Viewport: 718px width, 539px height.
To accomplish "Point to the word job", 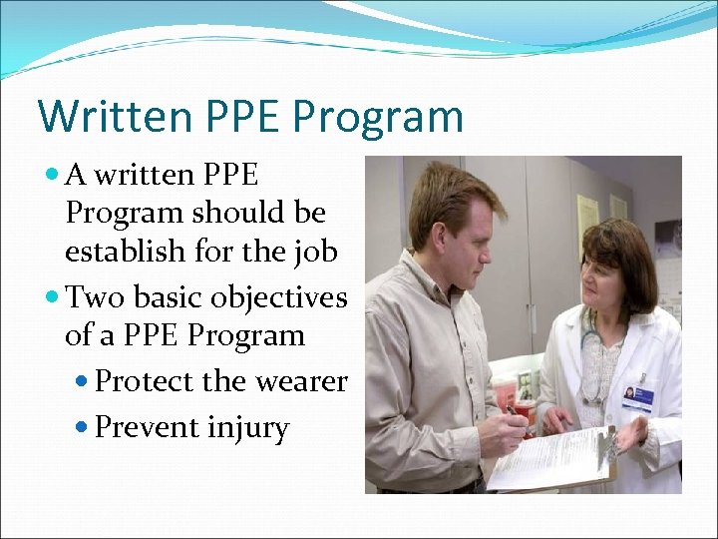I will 315,251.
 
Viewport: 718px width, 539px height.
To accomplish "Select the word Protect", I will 144,381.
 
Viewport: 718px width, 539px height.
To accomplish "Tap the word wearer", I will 302,381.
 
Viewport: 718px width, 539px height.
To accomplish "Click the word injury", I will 248,428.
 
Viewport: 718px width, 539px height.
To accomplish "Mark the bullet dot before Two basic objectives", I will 54,298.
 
